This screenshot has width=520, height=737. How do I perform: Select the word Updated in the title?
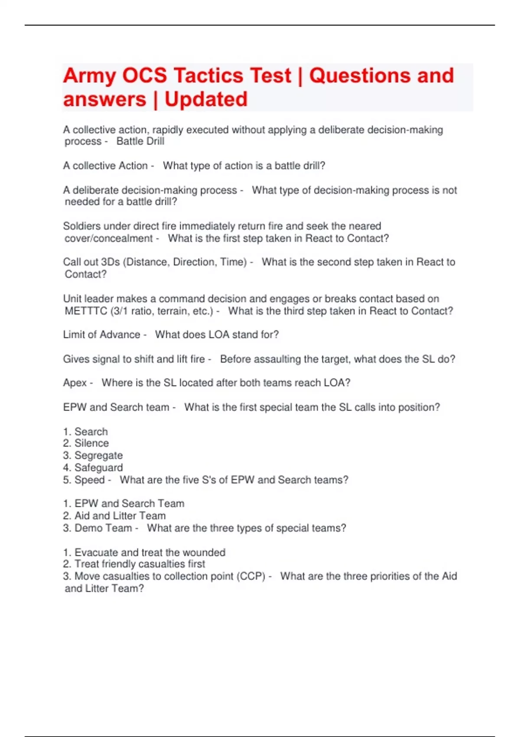tap(206, 99)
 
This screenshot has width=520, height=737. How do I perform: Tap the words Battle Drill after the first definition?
tap(140, 141)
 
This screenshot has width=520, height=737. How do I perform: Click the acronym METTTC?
tap(85, 311)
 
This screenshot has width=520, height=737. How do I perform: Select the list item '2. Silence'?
tap(86, 443)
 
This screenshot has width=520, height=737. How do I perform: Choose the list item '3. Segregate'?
tap(93, 455)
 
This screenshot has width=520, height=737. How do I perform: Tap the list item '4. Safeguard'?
tap(93, 467)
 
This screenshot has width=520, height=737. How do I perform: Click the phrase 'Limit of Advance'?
tap(101, 335)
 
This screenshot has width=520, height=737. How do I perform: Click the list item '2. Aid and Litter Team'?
tap(114, 515)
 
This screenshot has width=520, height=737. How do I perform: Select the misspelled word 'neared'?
tap(367, 226)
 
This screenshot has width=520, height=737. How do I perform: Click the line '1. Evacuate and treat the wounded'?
tap(144, 552)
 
